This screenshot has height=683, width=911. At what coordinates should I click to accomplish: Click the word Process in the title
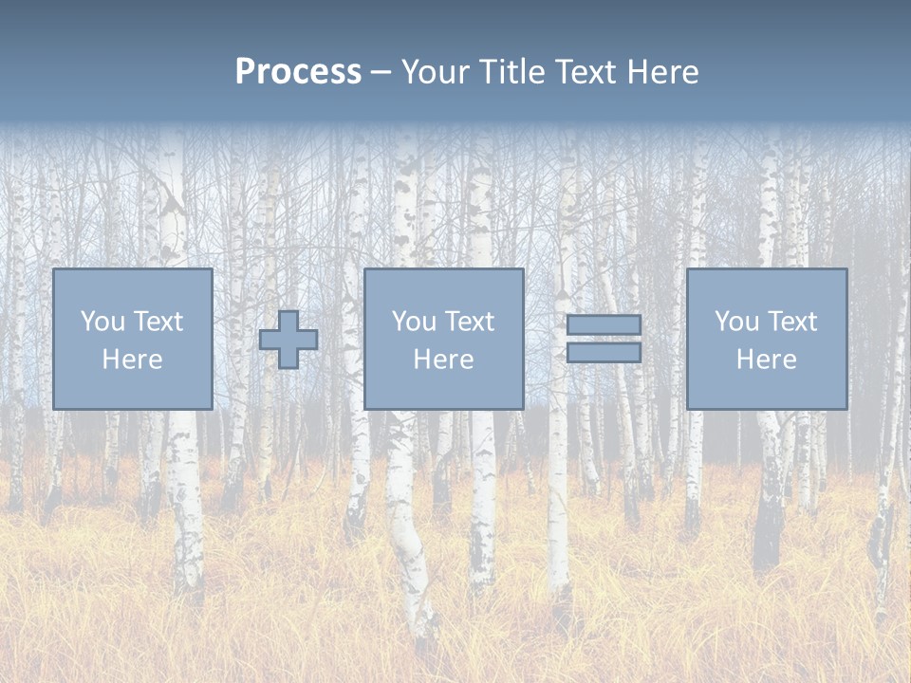[298, 72]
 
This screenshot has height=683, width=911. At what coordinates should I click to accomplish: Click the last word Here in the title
[665, 72]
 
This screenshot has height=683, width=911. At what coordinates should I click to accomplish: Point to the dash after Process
[381, 72]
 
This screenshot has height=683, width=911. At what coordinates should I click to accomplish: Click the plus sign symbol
[288, 340]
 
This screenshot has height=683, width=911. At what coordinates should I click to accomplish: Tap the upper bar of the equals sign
[604, 325]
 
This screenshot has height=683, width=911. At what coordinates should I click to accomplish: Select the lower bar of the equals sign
[604, 353]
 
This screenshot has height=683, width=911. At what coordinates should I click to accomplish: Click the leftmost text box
[133, 340]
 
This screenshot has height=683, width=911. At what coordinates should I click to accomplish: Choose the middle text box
[444, 340]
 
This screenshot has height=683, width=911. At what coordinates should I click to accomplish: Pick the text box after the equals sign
[767, 340]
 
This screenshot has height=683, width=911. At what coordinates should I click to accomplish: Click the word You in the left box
[102, 322]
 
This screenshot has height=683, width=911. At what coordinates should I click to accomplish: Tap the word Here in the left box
[133, 360]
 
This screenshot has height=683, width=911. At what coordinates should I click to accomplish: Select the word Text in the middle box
[470, 322]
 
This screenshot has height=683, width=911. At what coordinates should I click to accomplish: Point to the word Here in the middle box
[444, 360]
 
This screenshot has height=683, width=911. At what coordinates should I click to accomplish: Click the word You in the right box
[736, 322]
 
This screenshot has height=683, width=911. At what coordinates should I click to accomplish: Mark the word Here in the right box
[767, 360]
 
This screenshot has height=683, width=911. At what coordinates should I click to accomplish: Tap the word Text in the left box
[158, 322]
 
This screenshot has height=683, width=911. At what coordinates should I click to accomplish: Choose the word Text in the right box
[792, 322]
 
